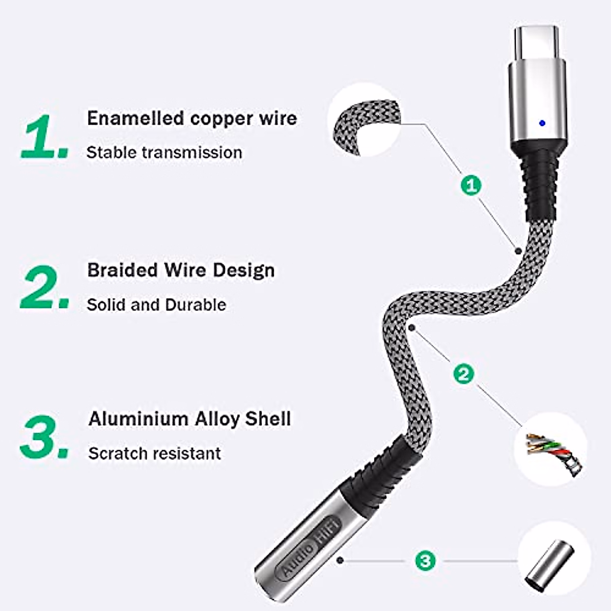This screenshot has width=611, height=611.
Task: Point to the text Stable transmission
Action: click(164, 152)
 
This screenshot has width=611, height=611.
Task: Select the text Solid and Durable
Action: click(156, 304)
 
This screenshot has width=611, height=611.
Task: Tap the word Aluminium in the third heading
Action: click(138, 419)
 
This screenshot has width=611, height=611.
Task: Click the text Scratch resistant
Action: click(154, 453)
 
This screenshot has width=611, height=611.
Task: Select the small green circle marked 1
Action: click(471, 184)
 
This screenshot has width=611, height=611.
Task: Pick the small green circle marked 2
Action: click(463, 374)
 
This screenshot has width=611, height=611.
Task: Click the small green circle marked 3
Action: click(425, 561)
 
